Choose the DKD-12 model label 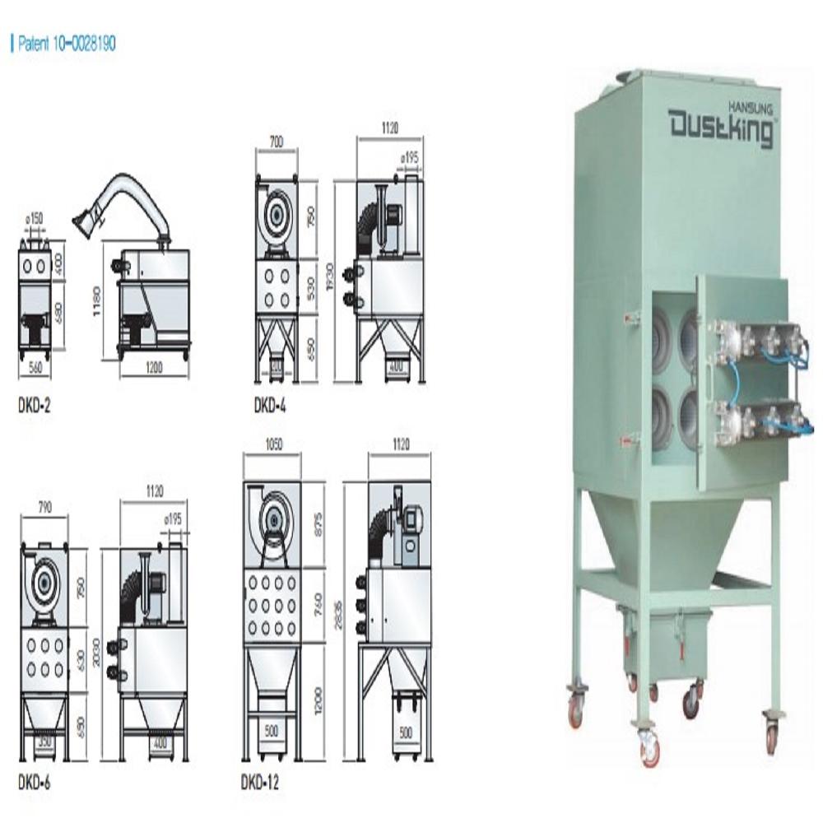(260, 783)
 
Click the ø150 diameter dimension (34, 218)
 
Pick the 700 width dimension (276, 142)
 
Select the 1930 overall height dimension (328, 281)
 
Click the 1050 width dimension (272, 444)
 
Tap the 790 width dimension (45, 508)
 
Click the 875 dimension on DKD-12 (319, 524)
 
